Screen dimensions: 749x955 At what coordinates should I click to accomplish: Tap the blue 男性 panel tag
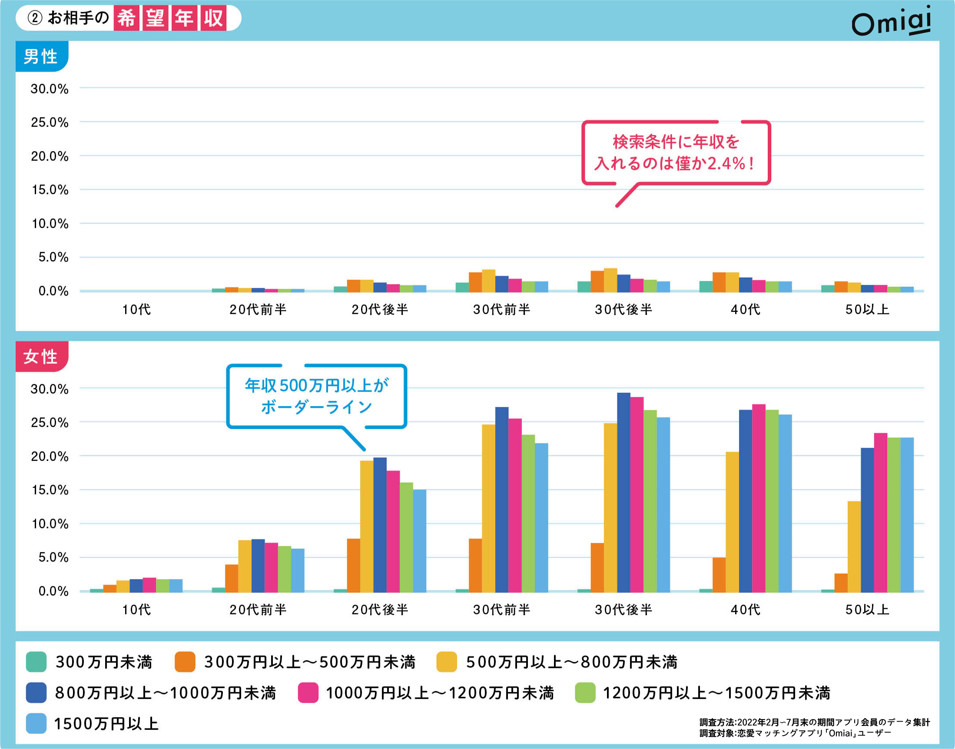point(41,56)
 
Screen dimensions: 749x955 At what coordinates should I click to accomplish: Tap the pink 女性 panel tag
point(41,357)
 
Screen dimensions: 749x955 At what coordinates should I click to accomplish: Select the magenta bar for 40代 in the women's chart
point(758,498)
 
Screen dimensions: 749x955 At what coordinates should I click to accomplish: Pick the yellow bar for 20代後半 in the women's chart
point(367,526)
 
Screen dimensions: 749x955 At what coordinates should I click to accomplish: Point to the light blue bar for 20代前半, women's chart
point(297,570)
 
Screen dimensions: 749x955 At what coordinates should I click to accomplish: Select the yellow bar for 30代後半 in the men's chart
point(610,280)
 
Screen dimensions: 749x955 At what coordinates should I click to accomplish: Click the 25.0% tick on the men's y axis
point(50,123)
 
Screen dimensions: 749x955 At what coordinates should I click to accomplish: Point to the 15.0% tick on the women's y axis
point(50,490)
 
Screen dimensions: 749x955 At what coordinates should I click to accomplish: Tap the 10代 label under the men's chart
point(136,310)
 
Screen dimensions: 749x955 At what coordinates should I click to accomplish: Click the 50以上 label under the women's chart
point(867,610)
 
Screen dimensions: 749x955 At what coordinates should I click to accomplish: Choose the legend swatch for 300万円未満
point(36,662)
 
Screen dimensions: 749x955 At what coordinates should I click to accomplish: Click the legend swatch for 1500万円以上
point(36,723)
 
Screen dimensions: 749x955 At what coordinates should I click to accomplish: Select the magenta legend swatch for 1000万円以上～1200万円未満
point(308,693)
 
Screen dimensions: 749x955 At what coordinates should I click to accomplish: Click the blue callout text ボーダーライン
point(317,408)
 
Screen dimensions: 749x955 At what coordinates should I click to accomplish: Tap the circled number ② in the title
point(35,18)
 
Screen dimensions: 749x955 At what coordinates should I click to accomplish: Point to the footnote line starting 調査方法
point(814,722)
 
